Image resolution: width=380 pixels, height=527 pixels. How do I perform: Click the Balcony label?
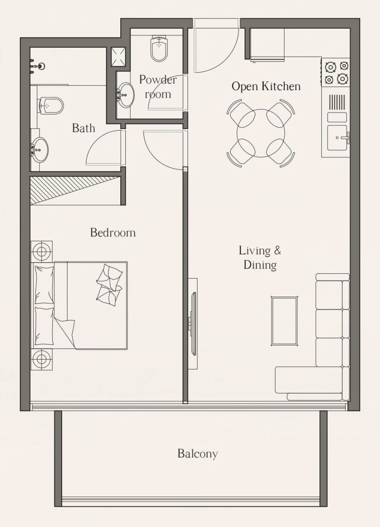[x=197, y=454]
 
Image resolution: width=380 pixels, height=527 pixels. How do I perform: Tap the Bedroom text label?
[x=113, y=232]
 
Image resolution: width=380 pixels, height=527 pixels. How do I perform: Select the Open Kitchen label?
[x=266, y=86]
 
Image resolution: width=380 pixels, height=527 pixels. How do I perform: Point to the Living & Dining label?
[x=260, y=257]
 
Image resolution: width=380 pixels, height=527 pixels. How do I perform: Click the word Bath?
[x=83, y=128]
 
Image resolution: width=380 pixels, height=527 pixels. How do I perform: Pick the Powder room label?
[x=157, y=87]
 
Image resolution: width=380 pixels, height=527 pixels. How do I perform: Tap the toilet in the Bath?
[x=51, y=106]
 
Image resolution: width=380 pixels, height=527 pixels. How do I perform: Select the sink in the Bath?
[x=40, y=150]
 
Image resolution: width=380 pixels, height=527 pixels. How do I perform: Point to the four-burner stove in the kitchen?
[x=336, y=72]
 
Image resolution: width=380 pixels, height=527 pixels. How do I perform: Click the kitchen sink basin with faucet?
[x=337, y=137]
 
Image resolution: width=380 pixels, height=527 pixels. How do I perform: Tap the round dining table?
[x=261, y=133]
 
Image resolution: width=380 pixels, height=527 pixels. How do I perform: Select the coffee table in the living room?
[x=284, y=321]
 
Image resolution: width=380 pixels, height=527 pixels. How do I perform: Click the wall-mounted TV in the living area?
[x=193, y=323]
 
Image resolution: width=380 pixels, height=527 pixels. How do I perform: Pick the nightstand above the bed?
[x=41, y=251]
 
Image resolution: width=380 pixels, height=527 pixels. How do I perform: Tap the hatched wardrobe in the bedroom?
[x=75, y=190]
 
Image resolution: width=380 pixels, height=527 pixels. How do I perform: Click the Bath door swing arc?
[x=103, y=148]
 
